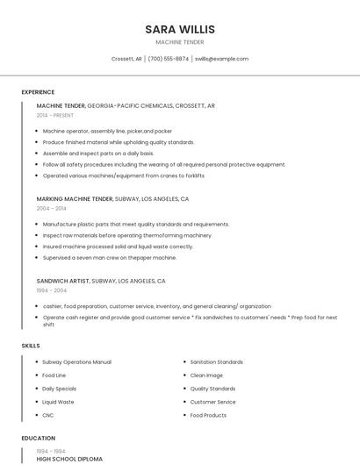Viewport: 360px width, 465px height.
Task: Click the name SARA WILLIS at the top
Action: (x=180, y=29)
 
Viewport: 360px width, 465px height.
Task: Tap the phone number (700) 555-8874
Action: (x=168, y=59)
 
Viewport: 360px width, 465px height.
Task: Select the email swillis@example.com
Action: (x=221, y=59)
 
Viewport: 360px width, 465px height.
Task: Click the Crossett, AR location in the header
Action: (x=126, y=59)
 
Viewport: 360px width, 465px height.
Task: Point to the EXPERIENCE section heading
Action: (x=38, y=92)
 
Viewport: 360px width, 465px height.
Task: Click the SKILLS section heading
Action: (x=31, y=346)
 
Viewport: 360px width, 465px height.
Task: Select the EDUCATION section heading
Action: (x=38, y=438)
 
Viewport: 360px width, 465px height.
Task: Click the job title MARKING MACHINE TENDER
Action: (x=75, y=199)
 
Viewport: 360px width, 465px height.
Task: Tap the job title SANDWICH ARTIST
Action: (x=63, y=281)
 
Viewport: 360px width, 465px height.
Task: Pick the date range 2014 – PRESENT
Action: (x=55, y=115)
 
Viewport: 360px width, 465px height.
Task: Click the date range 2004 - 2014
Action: (x=51, y=209)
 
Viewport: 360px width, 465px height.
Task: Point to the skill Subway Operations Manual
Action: (x=76, y=361)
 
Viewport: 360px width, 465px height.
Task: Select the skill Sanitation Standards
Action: (x=216, y=361)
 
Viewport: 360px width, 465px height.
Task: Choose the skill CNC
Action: (x=48, y=415)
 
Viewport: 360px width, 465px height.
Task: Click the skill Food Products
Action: (x=208, y=415)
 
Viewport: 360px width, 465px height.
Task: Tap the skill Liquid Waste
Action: (x=58, y=402)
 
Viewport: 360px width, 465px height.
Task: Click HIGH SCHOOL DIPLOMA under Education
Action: (x=69, y=459)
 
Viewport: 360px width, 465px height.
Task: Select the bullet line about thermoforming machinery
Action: (x=127, y=235)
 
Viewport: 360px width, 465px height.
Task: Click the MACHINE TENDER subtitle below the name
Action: (x=180, y=42)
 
